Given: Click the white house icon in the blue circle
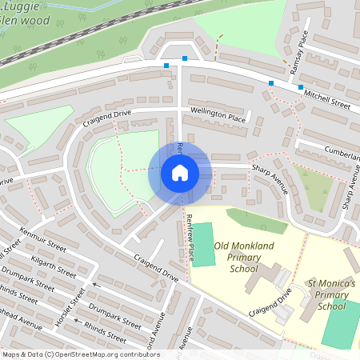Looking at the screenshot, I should (x=180, y=172).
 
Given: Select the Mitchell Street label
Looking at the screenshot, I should (x=326, y=99).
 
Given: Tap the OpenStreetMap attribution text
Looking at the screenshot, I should (x=80, y=354).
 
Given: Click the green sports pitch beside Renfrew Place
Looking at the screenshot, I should (x=205, y=245).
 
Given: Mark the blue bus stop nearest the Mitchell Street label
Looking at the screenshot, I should (x=301, y=86).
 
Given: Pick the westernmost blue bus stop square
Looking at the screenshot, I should (x=166, y=66).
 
